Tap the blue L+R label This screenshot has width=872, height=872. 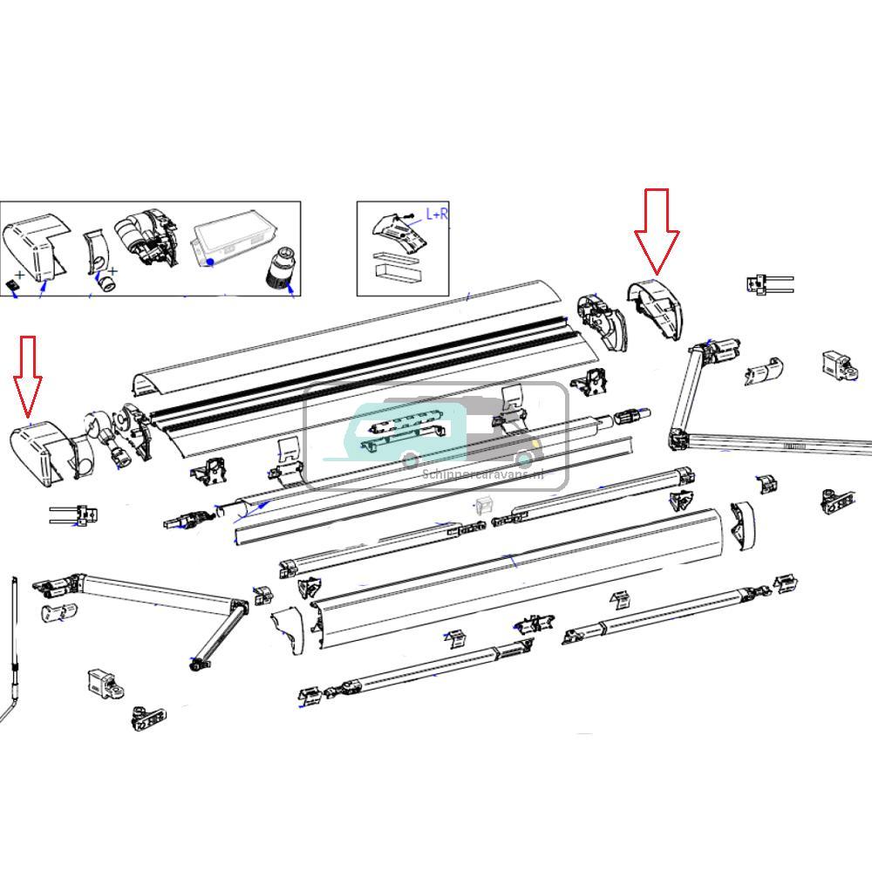click(x=437, y=214)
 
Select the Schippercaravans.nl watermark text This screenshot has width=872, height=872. click(x=482, y=475)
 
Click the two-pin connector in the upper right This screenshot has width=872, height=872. click(x=767, y=284)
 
